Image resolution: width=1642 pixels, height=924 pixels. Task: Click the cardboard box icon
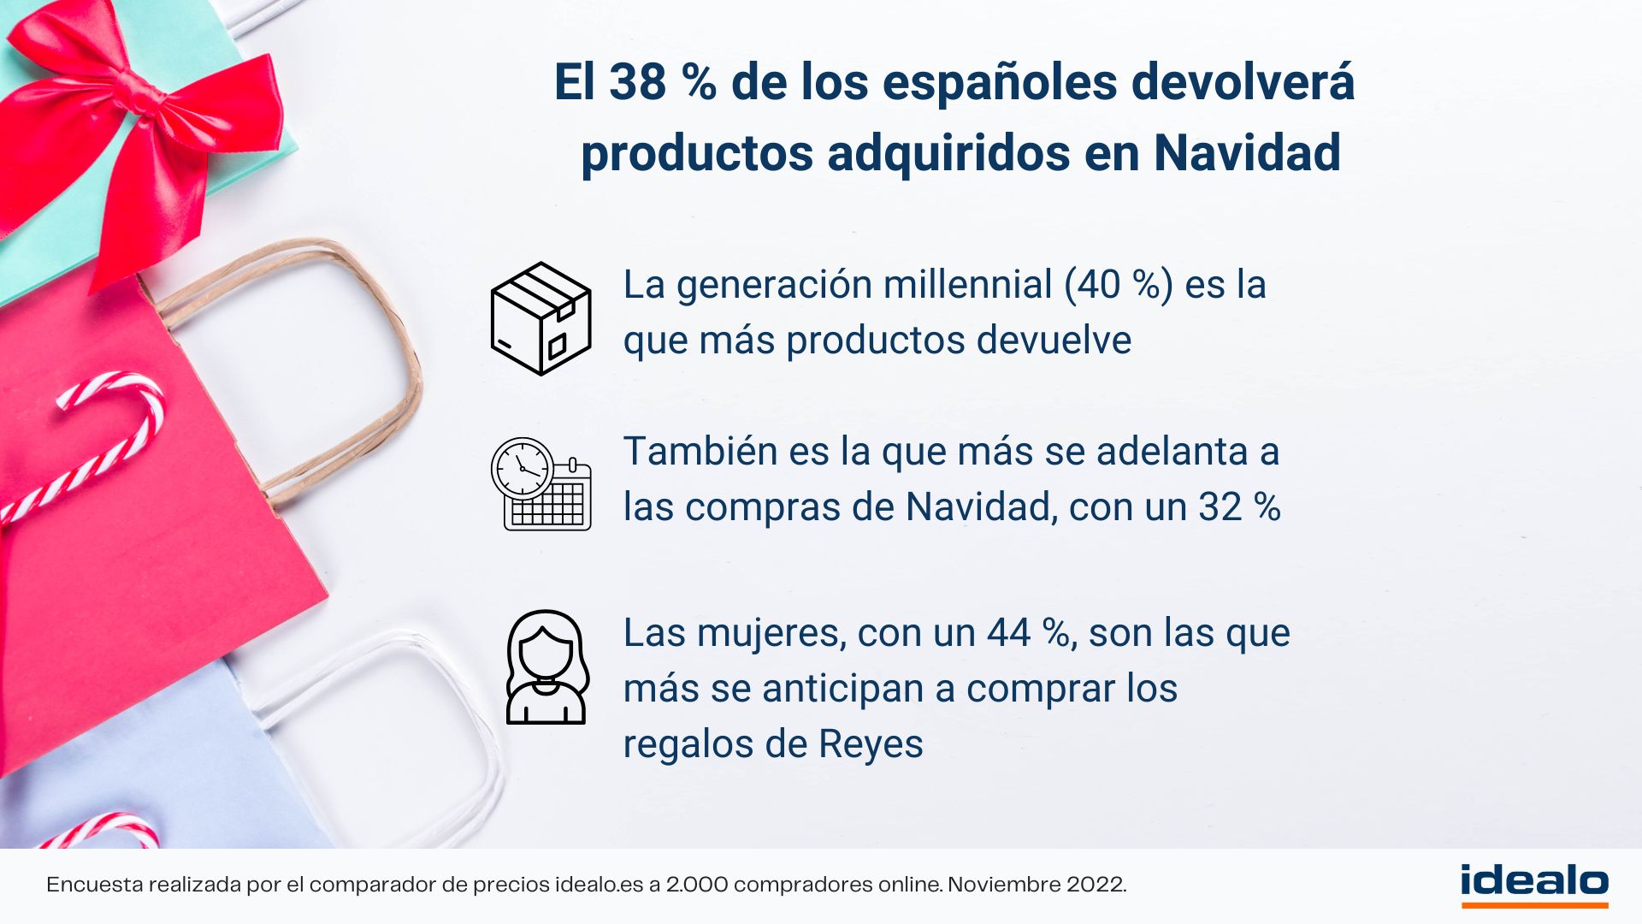(x=540, y=318)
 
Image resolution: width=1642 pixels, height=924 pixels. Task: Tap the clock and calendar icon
(x=540, y=484)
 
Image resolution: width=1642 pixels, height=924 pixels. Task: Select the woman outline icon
(x=546, y=667)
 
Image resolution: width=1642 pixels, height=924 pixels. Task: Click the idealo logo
(x=1534, y=885)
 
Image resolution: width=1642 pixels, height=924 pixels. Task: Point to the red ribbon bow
(x=141, y=128)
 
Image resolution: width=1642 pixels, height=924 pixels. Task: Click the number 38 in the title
(x=637, y=82)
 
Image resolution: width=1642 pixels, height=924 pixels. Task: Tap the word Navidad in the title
(x=1247, y=153)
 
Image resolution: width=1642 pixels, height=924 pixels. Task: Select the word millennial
(x=967, y=284)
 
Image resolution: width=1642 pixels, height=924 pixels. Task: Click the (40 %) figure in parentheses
(x=1119, y=284)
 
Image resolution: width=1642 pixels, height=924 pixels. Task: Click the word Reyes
(x=871, y=744)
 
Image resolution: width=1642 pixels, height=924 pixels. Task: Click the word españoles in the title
(x=1000, y=84)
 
